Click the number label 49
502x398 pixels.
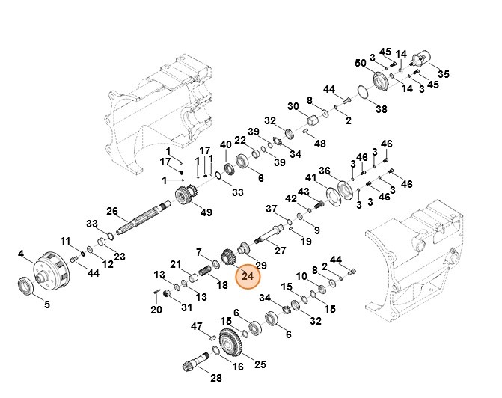point(206,212)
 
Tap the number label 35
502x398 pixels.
point(443,74)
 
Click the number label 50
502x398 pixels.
point(359,62)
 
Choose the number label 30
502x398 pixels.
point(293,105)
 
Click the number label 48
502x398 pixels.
point(320,144)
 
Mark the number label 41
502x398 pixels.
point(310,177)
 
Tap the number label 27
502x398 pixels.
point(281,251)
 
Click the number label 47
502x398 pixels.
point(197,326)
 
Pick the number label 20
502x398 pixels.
point(156,310)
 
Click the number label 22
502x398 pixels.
point(240,140)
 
